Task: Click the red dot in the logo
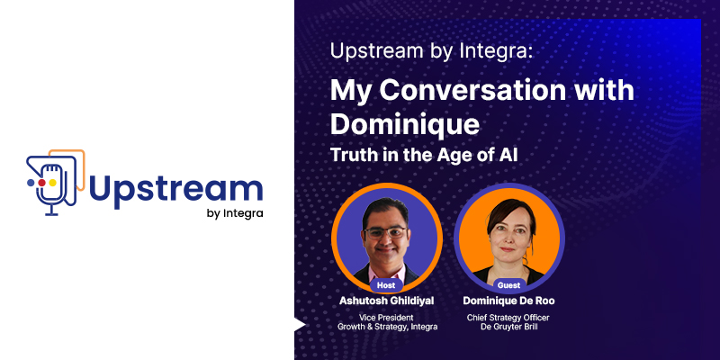pos(41,183)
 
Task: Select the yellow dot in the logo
pos(52,183)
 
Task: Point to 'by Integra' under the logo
pos(235,213)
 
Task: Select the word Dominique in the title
pos(404,125)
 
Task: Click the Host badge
pos(386,285)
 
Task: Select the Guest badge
pos(508,285)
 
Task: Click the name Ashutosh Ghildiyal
pos(386,301)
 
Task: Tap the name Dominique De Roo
pos(508,301)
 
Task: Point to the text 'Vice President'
pos(386,318)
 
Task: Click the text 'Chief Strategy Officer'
pos(508,318)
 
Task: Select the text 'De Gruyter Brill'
pos(508,327)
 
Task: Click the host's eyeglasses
pos(386,232)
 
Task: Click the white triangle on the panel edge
pos(299,325)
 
